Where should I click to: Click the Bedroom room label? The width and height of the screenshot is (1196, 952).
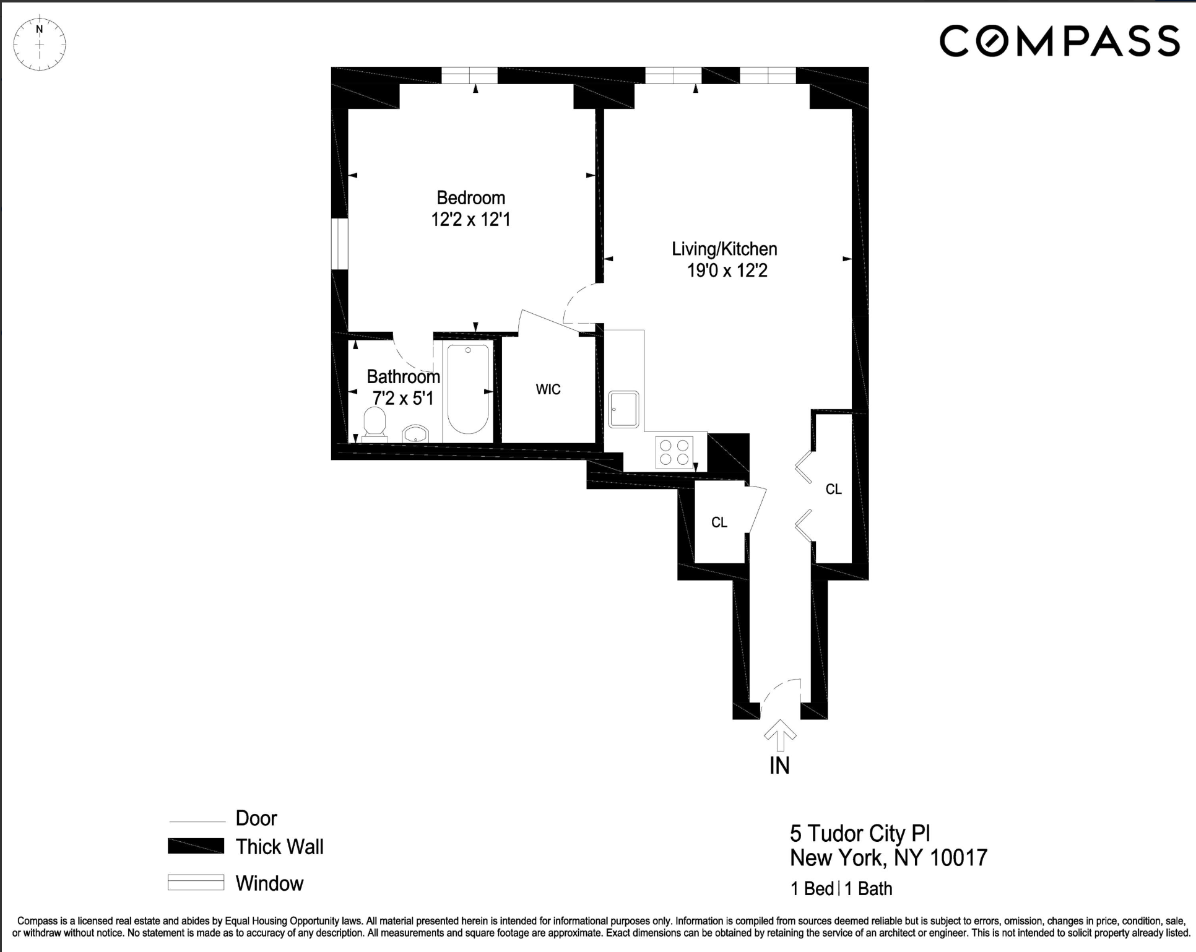[x=470, y=198]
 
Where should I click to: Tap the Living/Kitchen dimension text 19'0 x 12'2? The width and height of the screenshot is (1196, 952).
[x=727, y=271]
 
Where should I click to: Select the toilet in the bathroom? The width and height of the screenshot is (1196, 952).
[x=375, y=423]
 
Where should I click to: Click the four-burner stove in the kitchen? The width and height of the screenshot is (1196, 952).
[x=675, y=451]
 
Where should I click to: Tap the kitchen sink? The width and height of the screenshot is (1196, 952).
[x=623, y=409]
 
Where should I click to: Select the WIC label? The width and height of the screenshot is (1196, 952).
[x=548, y=389]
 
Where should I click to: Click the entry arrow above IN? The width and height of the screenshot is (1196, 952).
[x=779, y=734]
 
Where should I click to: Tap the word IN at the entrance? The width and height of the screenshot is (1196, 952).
[x=779, y=766]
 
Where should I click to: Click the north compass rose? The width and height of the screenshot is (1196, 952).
[x=40, y=43]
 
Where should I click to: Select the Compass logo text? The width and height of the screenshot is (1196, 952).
[x=1059, y=41]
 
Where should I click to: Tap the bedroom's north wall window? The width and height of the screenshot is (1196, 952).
[x=469, y=76]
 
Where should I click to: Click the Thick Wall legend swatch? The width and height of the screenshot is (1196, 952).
[x=196, y=846]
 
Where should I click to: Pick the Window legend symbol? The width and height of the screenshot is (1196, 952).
[x=196, y=882]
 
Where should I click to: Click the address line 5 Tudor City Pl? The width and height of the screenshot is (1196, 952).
[x=860, y=834]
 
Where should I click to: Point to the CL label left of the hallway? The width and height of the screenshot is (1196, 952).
[x=719, y=522]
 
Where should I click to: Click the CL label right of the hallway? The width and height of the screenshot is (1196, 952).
[x=833, y=489]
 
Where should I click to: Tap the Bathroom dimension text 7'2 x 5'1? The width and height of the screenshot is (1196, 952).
[x=403, y=398]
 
